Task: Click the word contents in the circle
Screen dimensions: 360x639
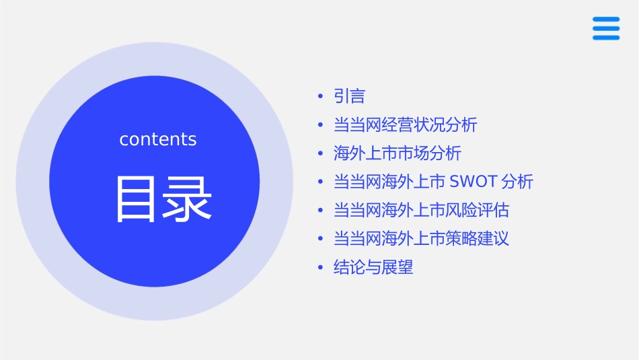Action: coord(158,139)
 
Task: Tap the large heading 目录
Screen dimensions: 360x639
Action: coord(163,199)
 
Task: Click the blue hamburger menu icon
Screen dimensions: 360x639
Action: coord(606,28)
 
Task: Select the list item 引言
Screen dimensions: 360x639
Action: coord(349,96)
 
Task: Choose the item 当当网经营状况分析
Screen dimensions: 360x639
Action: coord(405,125)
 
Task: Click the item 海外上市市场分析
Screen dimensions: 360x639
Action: coord(397,153)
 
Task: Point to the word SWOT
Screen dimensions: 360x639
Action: coord(473,182)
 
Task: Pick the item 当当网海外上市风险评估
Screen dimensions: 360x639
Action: coord(421,211)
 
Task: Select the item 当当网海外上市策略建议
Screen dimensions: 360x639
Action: coord(421,239)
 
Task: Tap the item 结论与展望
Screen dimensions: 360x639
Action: coord(373,267)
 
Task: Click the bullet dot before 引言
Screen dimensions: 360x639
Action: coord(320,97)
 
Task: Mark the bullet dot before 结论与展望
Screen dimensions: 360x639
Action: coord(320,268)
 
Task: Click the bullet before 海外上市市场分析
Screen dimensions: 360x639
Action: coord(320,154)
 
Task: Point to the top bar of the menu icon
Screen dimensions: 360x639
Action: coord(606,20)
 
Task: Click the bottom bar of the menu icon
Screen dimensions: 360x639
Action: coord(606,37)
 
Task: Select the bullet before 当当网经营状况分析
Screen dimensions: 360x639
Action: coord(320,126)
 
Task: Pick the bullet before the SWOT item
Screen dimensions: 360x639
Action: coord(320,182)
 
